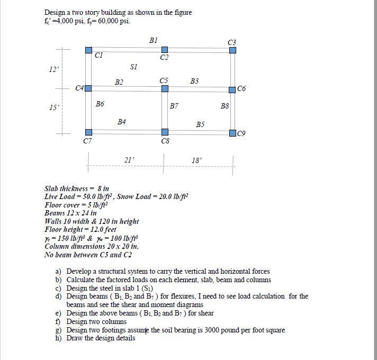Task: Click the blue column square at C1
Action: (88, 50)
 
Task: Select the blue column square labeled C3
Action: (232, 50)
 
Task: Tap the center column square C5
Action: (165, 88)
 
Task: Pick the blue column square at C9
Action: (232, 132)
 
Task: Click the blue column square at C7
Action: (88, 132)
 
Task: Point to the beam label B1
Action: (153, 40)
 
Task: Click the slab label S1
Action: (133, 67)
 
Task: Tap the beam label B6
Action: (100, 105)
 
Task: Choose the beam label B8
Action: (225, 106)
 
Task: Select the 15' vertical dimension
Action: (53, 107)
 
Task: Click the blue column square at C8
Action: (165, 132)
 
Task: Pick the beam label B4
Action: (121, 122)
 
